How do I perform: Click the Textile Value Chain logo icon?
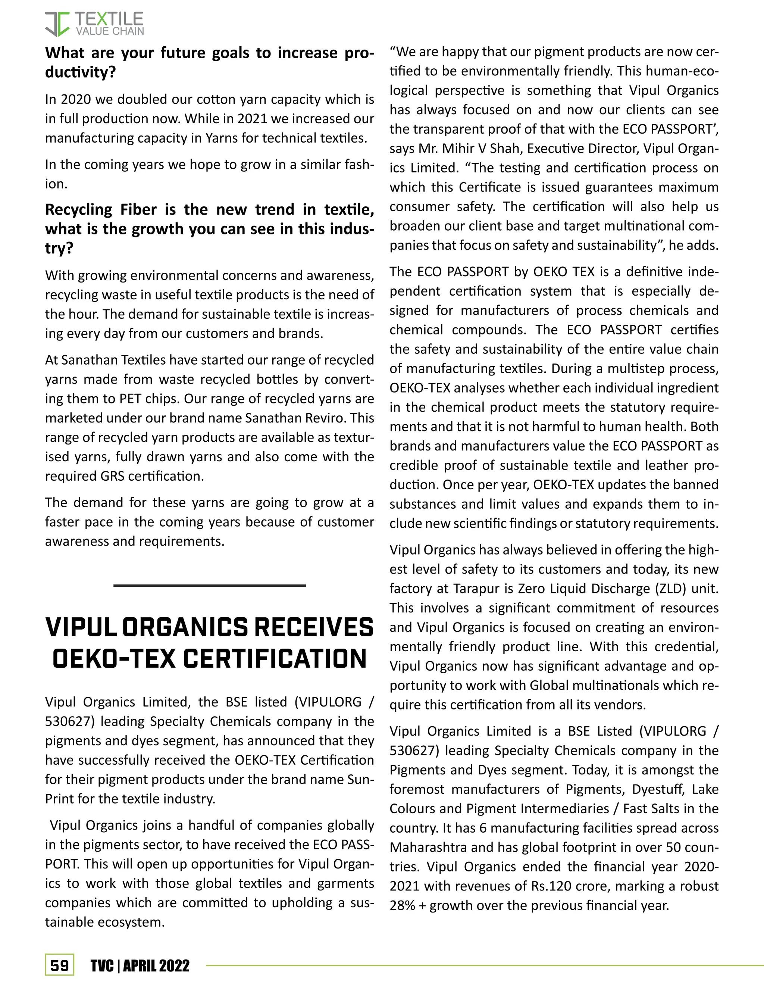(57, 24)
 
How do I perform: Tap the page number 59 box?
(59, 966)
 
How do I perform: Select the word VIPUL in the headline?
(81, 628)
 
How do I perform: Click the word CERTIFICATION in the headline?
(274, 659)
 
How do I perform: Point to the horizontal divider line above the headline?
(209, 586)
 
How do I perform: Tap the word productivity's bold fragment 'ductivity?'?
(80, 72)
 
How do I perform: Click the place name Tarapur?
(477, 589)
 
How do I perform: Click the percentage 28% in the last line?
(402, 906)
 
